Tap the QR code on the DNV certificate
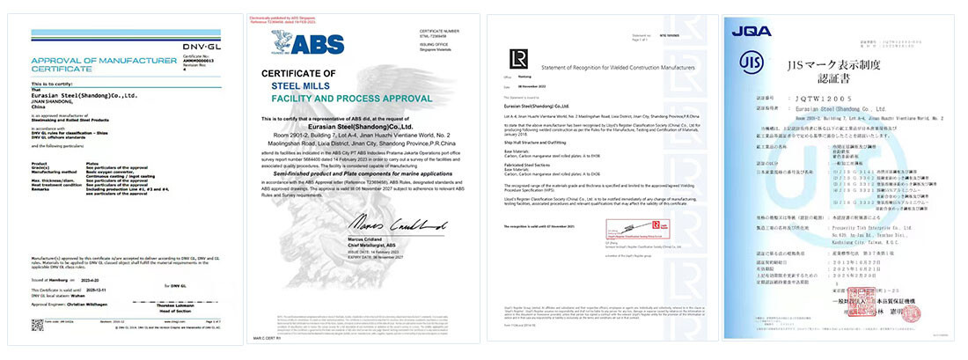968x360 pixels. (x=38, y=325)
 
